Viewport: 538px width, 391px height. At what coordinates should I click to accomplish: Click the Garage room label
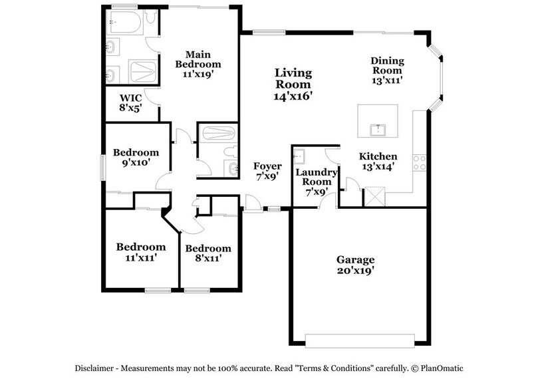pyautogui.click(x=355, y=260)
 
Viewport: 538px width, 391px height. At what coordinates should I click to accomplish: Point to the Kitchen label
pyautogui.click(x=378, y=156)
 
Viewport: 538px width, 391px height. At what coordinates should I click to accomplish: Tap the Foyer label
pyautogui.click(x=267, y=166)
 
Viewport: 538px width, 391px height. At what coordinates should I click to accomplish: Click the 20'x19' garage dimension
pyautogui.click(x=355, y=271)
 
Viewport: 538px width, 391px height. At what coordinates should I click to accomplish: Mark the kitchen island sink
pyautogui.click(x=378, y=128)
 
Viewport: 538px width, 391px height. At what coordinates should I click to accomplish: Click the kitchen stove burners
pyautogui.click(x=419, y=162)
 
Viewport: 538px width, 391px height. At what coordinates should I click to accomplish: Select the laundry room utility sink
pyautogui.click(x=300, y=156)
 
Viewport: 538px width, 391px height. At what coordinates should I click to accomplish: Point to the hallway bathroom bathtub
pyautogui.click(x=217, y=133)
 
